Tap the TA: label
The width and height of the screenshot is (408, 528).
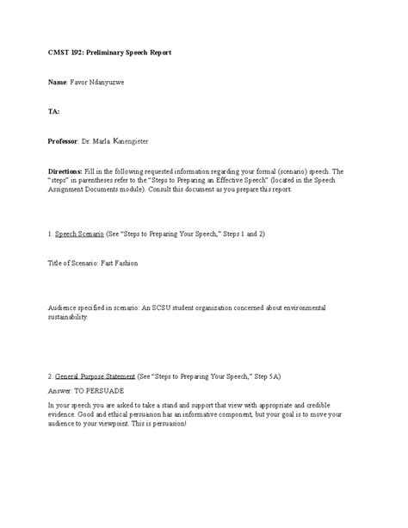coord(53,111)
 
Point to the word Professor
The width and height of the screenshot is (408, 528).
coord(63,140)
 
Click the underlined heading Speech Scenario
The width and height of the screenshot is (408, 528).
coord(79,233)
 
